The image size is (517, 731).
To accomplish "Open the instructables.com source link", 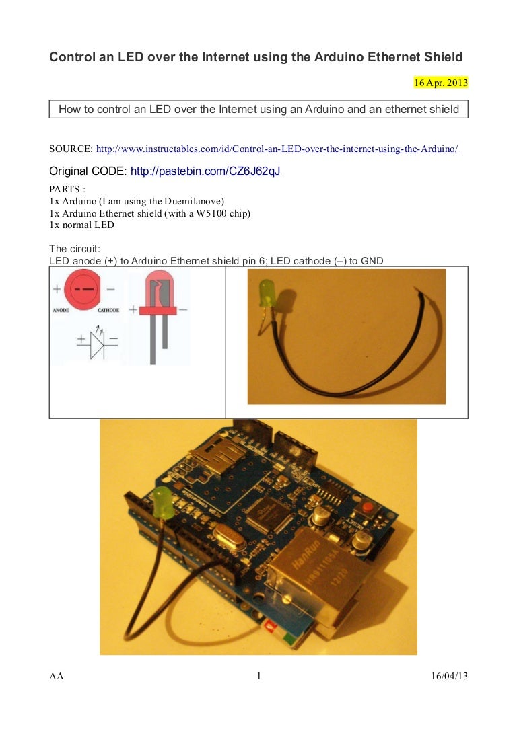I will click(277, 149).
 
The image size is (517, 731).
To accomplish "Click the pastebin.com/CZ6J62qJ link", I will click(205, 171).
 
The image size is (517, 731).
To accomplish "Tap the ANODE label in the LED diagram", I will click(62, 311).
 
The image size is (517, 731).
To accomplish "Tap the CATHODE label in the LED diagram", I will click(108, 311).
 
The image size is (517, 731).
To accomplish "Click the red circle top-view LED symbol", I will click(85, 288).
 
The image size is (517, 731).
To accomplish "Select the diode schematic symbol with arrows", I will click(96, 342).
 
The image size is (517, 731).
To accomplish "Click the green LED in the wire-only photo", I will click(267, 297).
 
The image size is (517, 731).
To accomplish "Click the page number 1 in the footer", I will click(258, 676).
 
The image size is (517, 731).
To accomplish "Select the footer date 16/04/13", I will click(449, 676).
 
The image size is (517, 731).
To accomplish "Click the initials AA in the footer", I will click(57, 676).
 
